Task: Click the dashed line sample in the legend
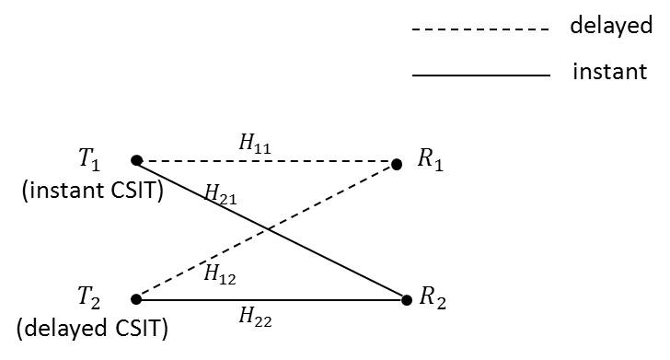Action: point(479,29)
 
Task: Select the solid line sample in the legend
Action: point(479,75)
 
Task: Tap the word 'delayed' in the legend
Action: point(610,26)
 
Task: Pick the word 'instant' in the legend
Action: point(609,71)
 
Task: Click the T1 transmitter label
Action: point(89,159)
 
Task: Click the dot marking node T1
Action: point(136,160)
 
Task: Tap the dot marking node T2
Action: point(136,298)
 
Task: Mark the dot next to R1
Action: point(397,165)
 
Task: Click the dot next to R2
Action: point(406,299)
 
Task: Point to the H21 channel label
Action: point(219,193)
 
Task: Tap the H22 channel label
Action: point(255,318)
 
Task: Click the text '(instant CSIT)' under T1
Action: point(91,191)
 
